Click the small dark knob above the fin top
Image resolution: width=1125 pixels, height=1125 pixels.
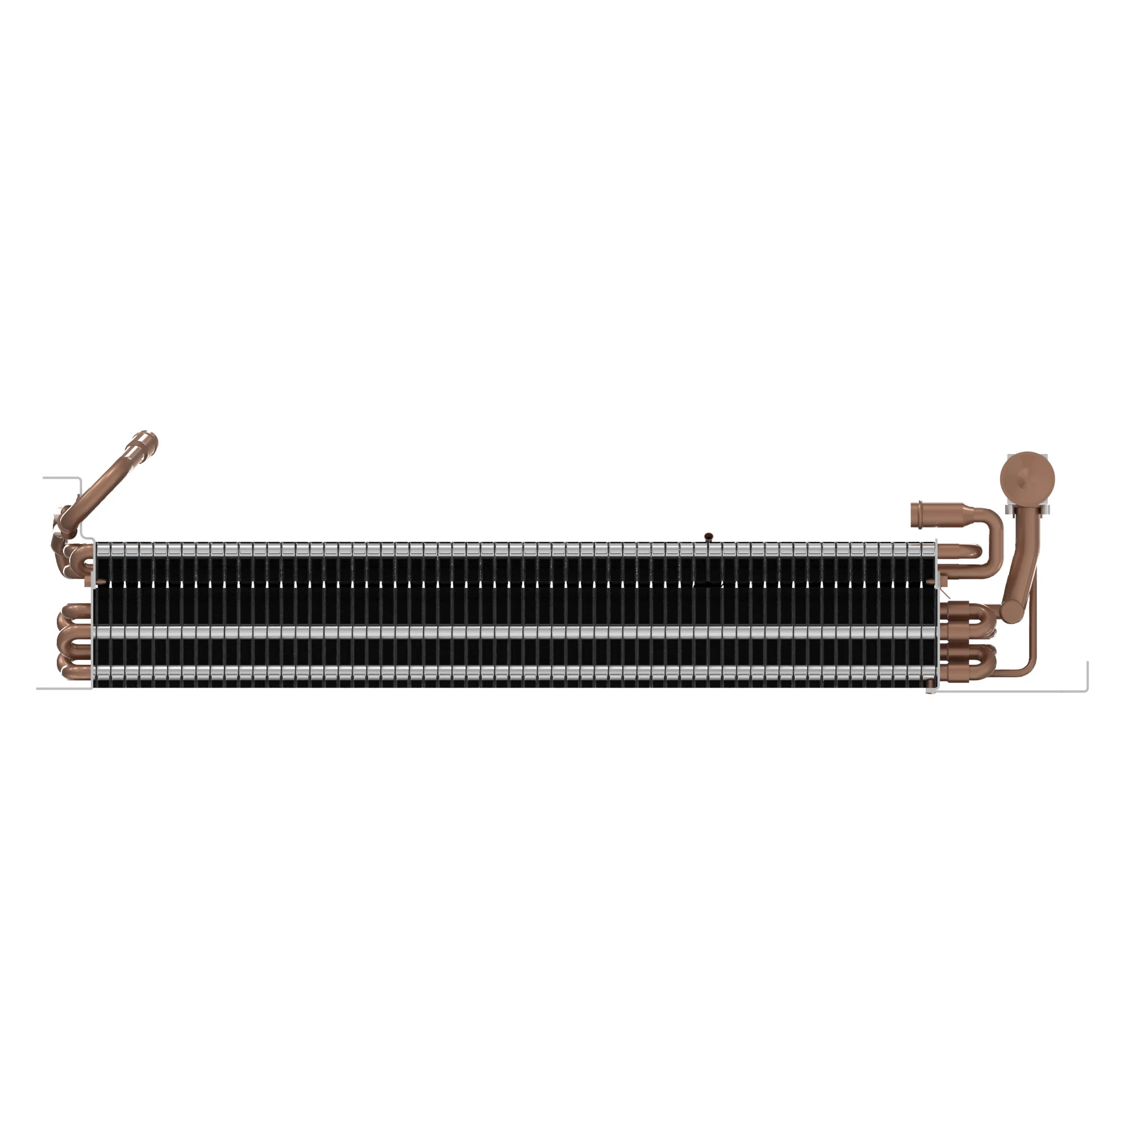pos(709,536)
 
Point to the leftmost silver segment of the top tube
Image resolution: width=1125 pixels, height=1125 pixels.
pos(102,548)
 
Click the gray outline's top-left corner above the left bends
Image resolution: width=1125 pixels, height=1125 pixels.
pos(79,479)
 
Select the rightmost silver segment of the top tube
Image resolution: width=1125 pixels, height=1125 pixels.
pos(928,548)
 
